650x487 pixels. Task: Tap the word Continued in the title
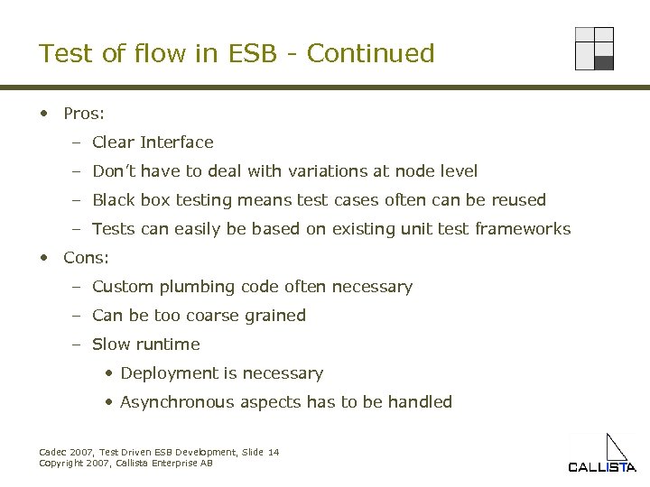(x=370, y=54)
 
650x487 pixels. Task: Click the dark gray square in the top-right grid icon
(x=604, y=63)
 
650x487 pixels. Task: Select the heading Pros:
(x=84, y=114)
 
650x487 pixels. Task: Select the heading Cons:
(x=86, y=258)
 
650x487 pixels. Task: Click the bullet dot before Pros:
(x=43, y=114)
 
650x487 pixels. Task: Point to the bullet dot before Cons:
(x=43, y=257)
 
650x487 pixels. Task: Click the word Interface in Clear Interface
(x=177, y=142)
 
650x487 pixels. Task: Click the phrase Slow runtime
(x=145, y=345)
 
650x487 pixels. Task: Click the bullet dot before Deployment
(x=109, y=373)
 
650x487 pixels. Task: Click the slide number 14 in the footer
(x=273, y=452)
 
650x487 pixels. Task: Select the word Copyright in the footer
(x=60, y=463)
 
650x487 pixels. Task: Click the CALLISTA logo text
(x=601, y=467)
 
